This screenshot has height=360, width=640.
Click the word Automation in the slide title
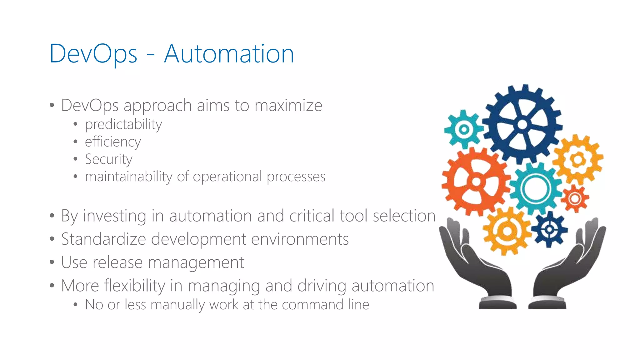(229, 54)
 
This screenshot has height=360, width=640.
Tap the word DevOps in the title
(93, 54)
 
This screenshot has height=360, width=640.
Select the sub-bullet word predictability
(123, 124)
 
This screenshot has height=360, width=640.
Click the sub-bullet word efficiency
(113, 142)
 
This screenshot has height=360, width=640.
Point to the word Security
(109, 159)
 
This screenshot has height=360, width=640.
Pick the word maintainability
(128, 177)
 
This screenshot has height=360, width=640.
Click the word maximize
(288, 105)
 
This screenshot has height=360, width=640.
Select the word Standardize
(103, 239)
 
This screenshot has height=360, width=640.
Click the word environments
(300, 239)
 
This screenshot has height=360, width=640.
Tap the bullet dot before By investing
(52, 216)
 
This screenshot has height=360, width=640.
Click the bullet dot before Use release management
(52, 262)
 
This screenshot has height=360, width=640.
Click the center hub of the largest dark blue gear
(522, 124)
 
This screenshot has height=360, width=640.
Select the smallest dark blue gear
(549, 230)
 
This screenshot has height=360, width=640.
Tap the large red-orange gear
(476, 182)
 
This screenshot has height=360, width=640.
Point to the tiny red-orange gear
(575, 199)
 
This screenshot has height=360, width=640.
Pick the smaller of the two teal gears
(464, 129)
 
